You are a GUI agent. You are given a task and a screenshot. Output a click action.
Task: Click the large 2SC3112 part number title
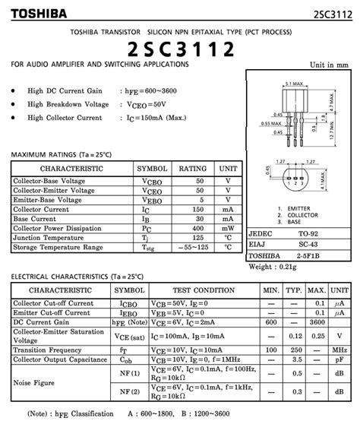point(180,49)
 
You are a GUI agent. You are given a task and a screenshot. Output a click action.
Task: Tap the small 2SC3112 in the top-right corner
point(333,14)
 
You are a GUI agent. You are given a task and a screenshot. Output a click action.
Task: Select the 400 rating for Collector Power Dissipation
point(199,228)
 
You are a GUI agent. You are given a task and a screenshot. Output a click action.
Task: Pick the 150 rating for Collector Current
point(199,209)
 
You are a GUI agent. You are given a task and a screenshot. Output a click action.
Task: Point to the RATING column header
point(193,168)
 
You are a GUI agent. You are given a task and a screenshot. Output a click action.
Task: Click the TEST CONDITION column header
point(204,291)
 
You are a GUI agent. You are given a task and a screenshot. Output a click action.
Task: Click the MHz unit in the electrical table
point(340,349)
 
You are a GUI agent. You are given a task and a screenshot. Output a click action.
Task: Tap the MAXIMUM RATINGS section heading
point(61,154)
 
